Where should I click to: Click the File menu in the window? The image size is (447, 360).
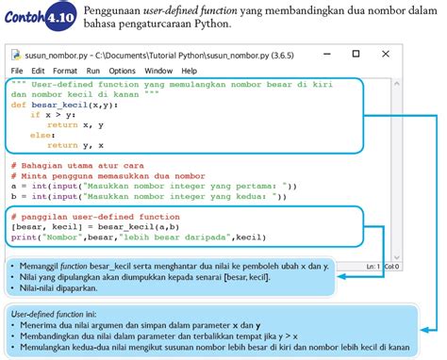pos(18,71)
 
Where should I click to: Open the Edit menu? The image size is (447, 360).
pos(38,71)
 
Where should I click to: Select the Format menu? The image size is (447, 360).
pos(65,71)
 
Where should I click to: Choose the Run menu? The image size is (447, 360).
pos(92,71)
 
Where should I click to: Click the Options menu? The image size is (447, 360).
pos(122,71)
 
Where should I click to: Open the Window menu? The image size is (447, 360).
pos(158,71)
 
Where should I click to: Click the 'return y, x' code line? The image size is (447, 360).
pos(76,145)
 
